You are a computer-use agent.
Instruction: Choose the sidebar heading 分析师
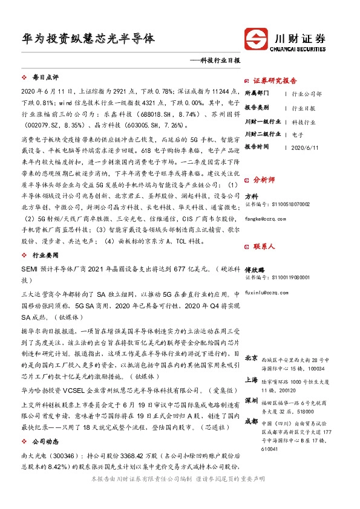click(264, 180)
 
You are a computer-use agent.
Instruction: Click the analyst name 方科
click(252, 197)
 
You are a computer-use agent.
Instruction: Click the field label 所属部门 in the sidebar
click(258, 94)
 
